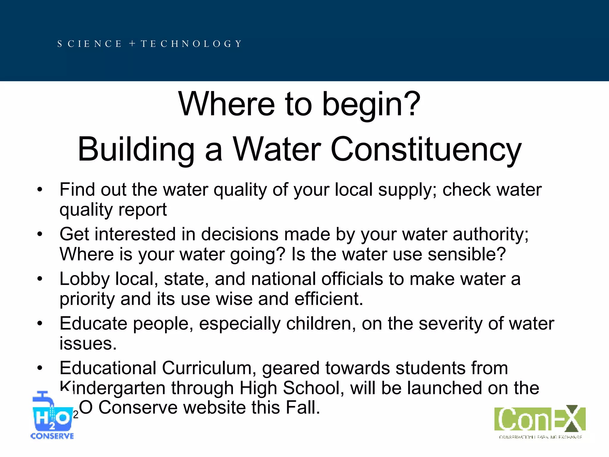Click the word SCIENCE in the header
click(x=90, y=44)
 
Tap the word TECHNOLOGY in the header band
click(x=191, y=44)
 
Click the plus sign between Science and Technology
click(x=132, y=44)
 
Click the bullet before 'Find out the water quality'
click(x=40, y=190)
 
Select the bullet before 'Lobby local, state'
click(x=40, y=279)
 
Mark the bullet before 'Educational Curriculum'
click(x=40, y=368)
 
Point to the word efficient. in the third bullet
click(x=329, y=299)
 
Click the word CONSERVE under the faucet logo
click(x=52, y=436)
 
